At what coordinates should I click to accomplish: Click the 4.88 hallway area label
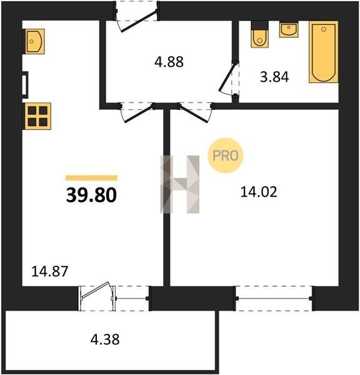169,62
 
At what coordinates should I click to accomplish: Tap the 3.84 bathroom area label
274,77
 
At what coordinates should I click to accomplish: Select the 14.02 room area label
259,192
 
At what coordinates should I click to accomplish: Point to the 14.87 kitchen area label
50,271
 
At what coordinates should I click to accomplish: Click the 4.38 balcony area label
105,339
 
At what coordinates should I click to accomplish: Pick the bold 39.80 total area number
91,195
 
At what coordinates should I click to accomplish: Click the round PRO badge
226,156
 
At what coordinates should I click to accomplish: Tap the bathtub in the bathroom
323,52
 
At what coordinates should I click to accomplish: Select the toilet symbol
259,34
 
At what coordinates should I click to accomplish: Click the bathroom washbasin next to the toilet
289,29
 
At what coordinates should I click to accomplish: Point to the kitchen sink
34,41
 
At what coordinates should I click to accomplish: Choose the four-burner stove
37,116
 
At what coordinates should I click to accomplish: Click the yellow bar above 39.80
92,177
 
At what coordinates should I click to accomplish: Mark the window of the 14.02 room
274,298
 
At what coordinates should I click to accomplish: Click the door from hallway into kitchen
137,112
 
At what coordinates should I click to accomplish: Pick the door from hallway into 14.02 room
196,112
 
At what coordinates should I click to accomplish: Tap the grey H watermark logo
179,184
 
